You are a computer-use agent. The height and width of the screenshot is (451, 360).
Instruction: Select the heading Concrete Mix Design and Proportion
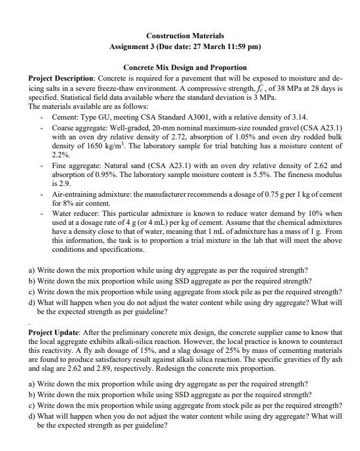point(184,68)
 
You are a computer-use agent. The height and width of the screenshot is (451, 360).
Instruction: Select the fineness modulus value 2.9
point(59,184)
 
